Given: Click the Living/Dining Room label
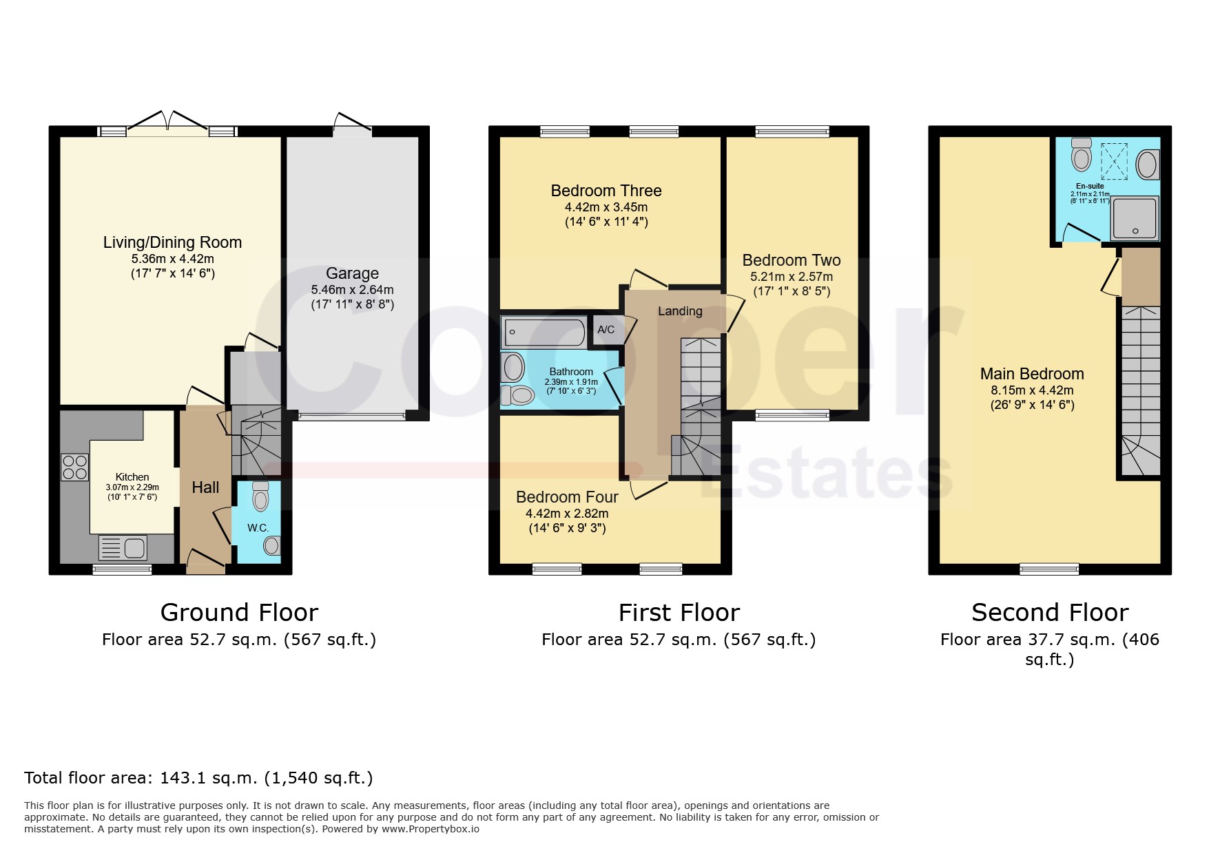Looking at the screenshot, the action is click(x=172, y=242).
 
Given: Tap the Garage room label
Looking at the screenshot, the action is click(x=352, y=273).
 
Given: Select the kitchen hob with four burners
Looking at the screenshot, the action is click(x=74, y=467).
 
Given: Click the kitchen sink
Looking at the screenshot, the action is click(x=123, y=548).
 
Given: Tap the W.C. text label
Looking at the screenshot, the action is click(x=258, y=528).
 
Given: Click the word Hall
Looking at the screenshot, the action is click(x=205, y=487).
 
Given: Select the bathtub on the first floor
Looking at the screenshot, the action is click(x=544, y=332).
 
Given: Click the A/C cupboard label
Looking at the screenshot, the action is click(x=606, y=330).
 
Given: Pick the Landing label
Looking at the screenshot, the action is click(x=680, y=311).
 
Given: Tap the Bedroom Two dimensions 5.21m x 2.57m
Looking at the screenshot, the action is click(x=792, y=277).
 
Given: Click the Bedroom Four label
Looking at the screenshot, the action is click(x=567, y=497).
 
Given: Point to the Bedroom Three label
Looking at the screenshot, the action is click(x=606, y=191).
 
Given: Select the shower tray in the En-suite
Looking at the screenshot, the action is click(x=1135, y=218).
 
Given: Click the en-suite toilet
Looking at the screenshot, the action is click(x=1082, y=154).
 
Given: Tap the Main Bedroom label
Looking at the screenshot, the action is click(x=1032, y=374).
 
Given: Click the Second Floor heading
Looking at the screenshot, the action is click(x=1050, y=612).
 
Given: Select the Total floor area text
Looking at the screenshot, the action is click(x=198, y=778).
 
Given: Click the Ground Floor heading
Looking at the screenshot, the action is click(x=239, y=612).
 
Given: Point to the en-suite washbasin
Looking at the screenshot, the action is click(x=1146, y=165).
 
